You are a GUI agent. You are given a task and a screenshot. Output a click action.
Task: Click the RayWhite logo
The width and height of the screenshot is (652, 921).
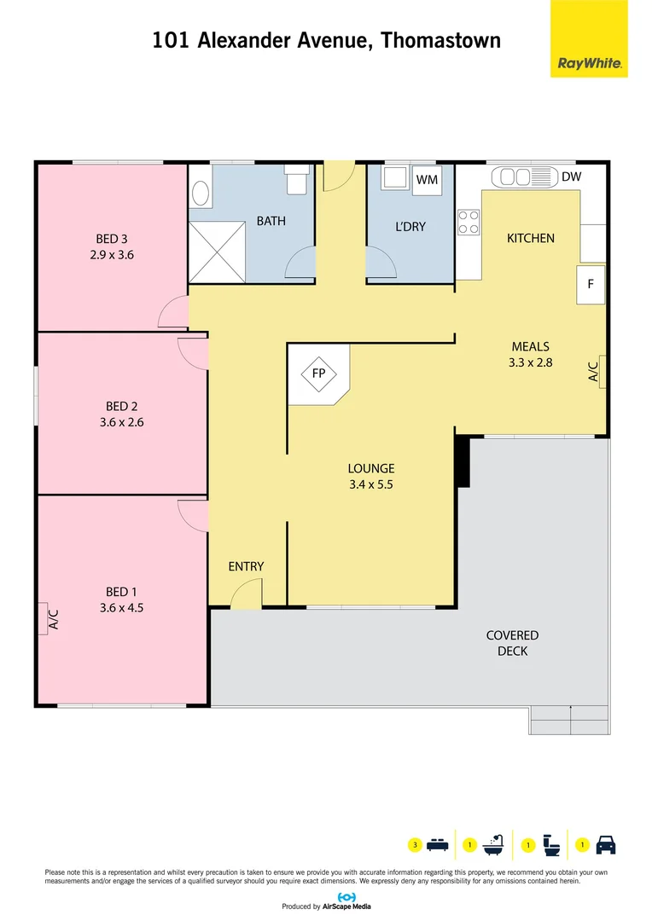(x=589, y=39)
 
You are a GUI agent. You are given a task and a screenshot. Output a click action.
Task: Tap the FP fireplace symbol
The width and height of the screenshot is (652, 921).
(x=318, y=374)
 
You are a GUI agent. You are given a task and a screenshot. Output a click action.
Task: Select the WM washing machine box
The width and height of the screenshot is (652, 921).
(x=426, y=179)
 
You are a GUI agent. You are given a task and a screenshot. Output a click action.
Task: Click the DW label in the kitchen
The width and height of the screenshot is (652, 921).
(x=571, y=177)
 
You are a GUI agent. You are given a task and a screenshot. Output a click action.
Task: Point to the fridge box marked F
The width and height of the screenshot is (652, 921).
(x=591, y=285)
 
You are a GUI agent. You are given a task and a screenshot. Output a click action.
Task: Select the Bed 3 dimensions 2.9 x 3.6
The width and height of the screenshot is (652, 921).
(x=117, y=254)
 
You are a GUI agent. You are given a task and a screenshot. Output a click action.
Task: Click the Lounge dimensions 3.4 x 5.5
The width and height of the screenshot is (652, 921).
(x=370, y=484)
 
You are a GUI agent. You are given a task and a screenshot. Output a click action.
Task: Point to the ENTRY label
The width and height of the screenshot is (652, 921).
(x=246, y=566)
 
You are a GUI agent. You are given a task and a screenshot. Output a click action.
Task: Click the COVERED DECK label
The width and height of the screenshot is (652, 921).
(x=512, y=643)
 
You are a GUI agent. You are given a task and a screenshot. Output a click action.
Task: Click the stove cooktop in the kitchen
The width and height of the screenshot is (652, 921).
(x=469, y=223)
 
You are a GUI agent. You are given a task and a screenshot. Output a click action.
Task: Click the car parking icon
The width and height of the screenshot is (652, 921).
(x=605, y=845)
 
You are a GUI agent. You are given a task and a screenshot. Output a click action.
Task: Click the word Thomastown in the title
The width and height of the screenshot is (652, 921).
(x=440, y=39)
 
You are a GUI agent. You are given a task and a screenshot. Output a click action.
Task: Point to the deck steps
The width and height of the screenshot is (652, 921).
(x=569, y=721)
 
